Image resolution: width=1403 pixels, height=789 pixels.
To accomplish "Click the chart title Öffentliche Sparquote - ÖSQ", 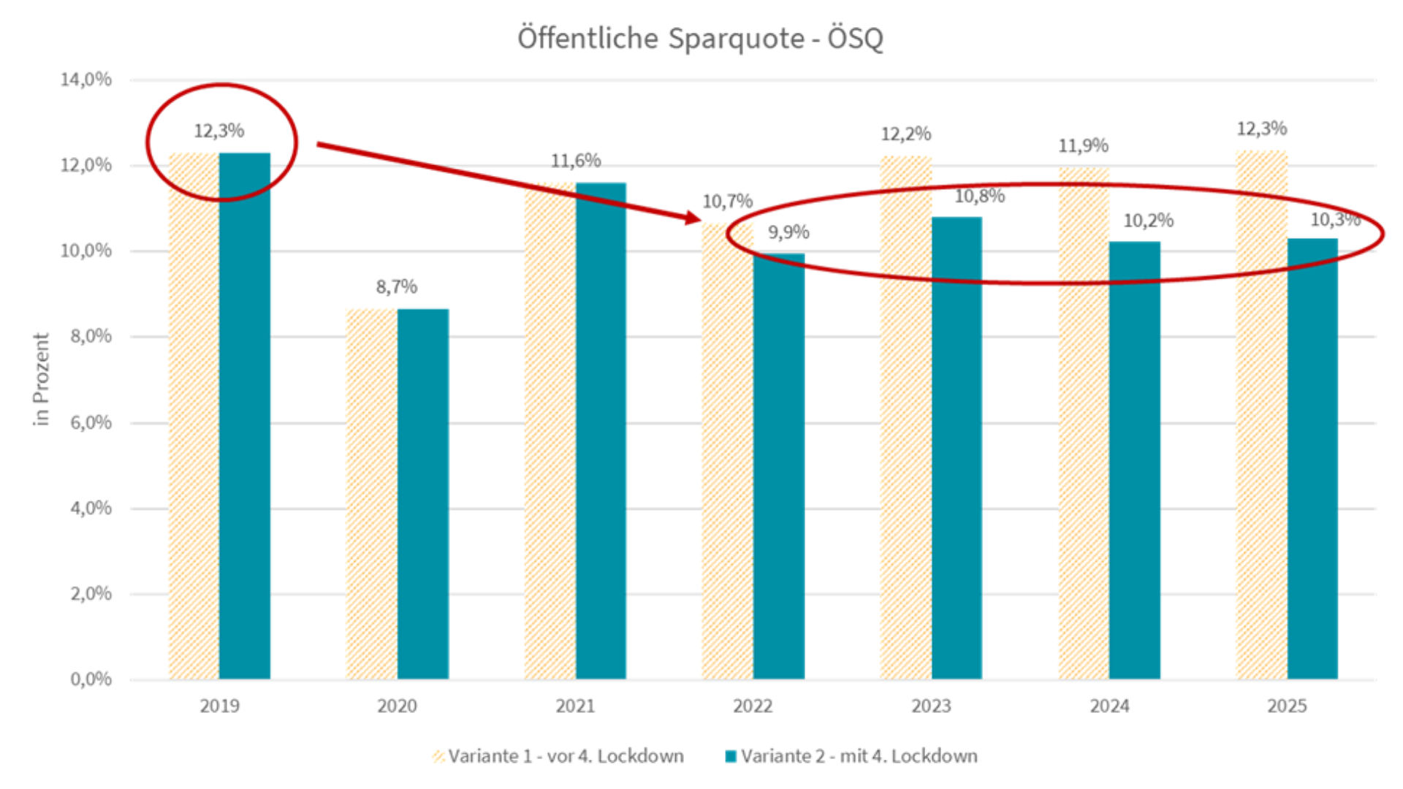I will tap(700, 38).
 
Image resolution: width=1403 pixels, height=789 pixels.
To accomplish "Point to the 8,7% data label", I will tap(397, 286).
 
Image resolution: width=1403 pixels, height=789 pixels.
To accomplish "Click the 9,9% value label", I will tap(788, 232).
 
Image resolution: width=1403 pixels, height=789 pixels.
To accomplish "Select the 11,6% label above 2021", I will tap(576, 161).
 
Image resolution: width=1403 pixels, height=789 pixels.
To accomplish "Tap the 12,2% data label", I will tap(906, 134).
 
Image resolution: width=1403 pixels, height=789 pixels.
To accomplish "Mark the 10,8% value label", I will tap(980, 196).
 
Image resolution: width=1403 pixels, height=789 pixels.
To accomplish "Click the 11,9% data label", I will tap(1084, 146).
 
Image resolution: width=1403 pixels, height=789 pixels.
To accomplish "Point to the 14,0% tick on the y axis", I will tap(86, 80).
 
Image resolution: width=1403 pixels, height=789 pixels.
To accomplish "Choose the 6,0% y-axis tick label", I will tap(91, 422).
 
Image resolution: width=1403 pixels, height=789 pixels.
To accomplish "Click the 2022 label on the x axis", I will tap(753, 706).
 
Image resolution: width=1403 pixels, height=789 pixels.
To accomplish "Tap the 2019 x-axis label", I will tap(219, 706).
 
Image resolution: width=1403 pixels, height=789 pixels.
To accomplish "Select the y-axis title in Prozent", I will tap(41, 379).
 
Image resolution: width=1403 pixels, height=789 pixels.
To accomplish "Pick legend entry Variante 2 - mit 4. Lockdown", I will tap(859, 756).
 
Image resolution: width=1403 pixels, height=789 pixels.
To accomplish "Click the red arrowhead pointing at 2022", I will tap(691, 217).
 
